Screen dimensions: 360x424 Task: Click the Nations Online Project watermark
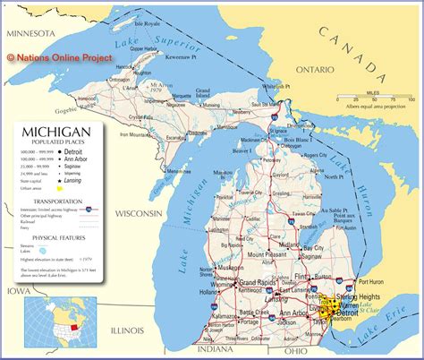point(60,57)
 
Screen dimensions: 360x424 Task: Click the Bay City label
point(313,247)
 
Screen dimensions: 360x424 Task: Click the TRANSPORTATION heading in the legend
point(57,201)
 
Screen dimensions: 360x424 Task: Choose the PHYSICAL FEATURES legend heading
point(57,237)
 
